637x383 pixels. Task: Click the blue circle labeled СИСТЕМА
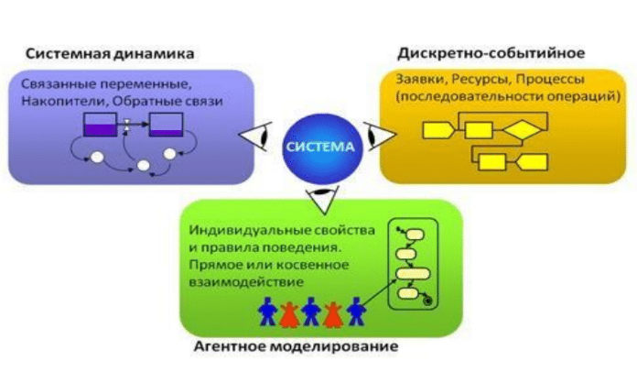[x=320, y=148]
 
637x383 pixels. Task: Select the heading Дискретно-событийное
[x=491, y=53]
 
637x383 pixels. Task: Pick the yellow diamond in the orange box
[x=522, y=130]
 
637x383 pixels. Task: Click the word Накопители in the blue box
[x=64, y=101]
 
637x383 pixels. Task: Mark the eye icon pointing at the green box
[x=323, y=199]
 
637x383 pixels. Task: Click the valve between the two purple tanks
[x=126, y=125]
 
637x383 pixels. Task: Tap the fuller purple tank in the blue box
[x=100, y=125]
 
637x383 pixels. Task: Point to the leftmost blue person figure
[x=268, y=312]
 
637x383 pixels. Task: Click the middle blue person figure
[x=311, y=312]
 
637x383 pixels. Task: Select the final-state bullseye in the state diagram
[x=427, y=301]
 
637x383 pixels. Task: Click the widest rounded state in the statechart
[x=413, y=273]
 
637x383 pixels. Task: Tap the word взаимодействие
[x=246, y=282]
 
